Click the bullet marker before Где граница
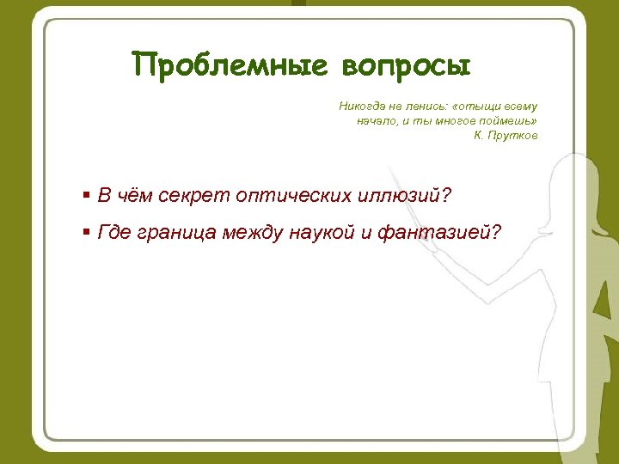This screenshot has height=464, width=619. (x=87, y=231)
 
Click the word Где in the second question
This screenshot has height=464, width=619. (x=114, y=231)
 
